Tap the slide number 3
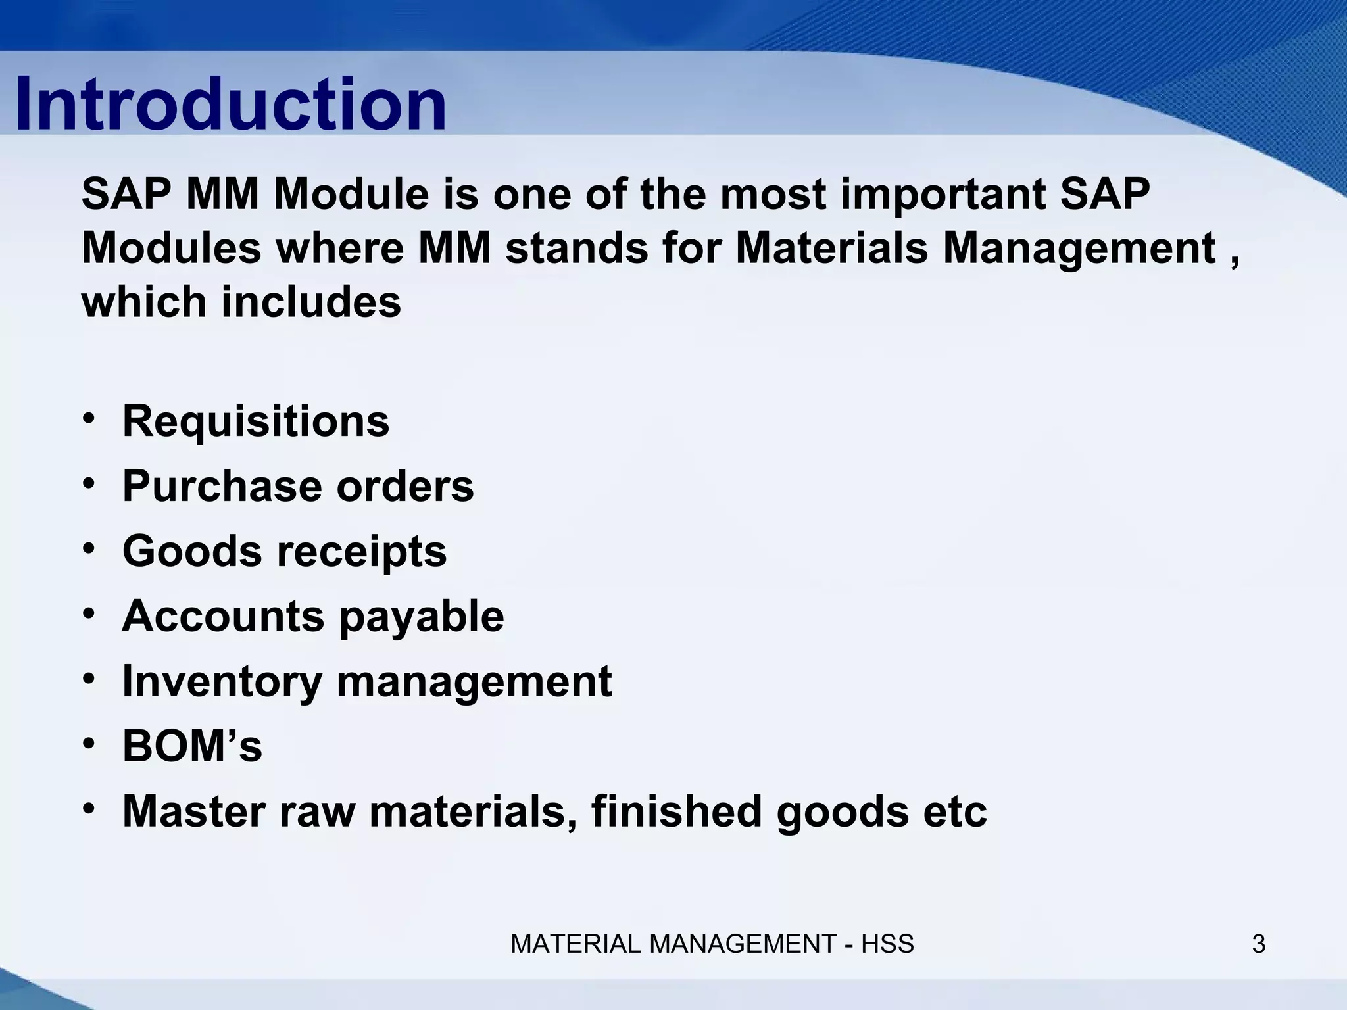[1258, 944]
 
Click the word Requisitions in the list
[256, 421]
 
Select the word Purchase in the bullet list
[222, 486]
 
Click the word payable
[422, 616]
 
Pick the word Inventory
[222, 681]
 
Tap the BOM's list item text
[192, 746]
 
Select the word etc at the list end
[955, 811]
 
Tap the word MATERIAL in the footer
[577, 944]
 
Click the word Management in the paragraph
[1079, 249]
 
